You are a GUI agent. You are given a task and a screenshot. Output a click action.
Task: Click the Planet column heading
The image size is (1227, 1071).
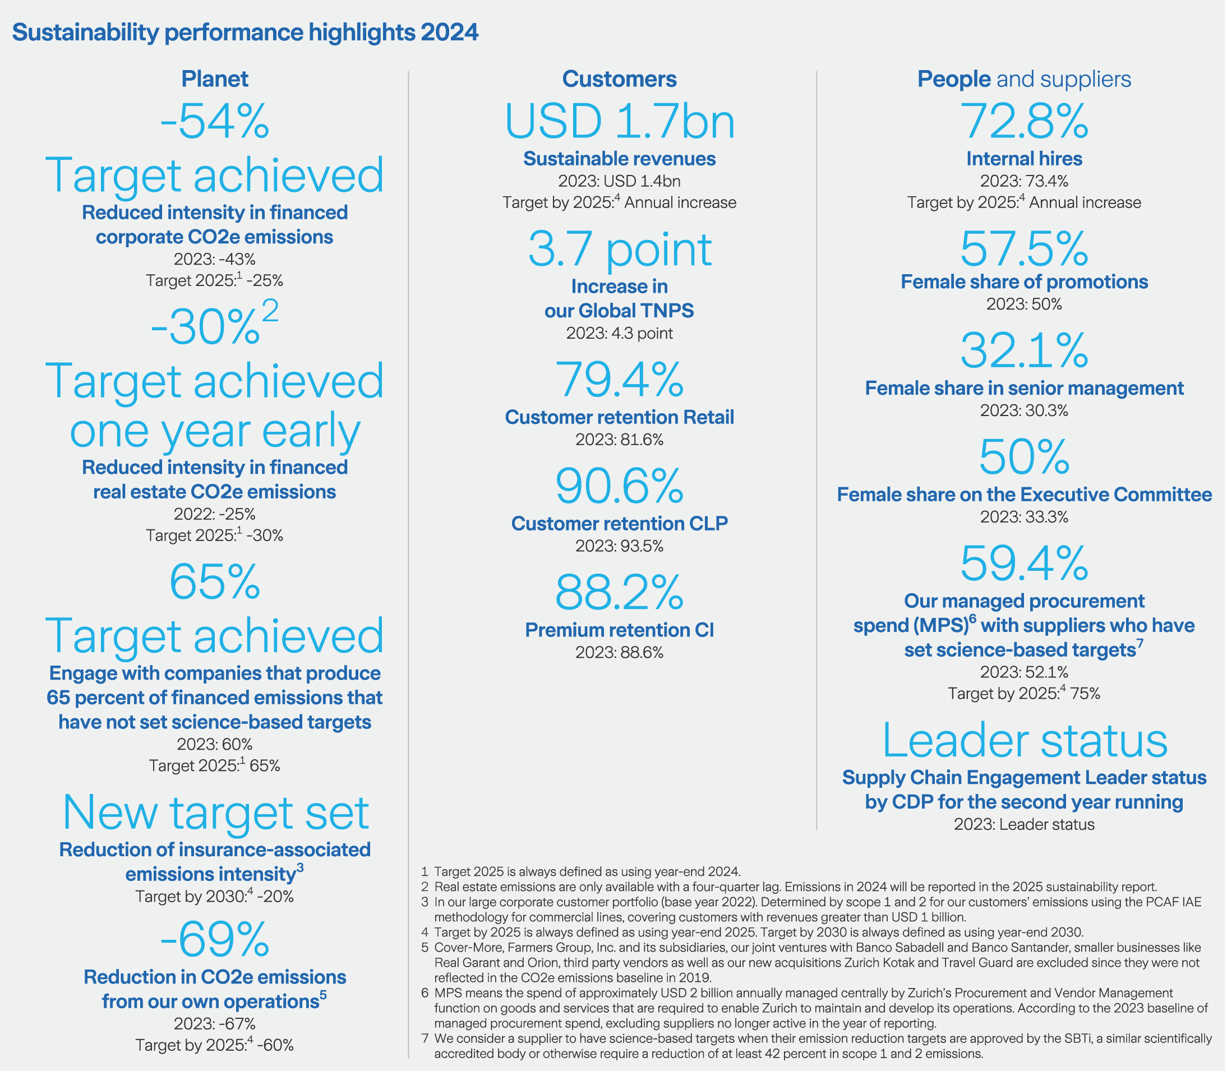click(x=215, y=79)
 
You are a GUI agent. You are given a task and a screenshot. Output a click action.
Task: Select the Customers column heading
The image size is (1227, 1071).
click(x=619, y=79)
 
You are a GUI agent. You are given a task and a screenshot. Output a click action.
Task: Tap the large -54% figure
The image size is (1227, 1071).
click(x=215, y=122)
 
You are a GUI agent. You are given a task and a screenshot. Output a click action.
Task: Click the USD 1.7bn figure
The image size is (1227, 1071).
click(x=619, y=122)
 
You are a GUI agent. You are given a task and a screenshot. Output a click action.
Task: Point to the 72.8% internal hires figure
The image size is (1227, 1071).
click(x=1024, y=122)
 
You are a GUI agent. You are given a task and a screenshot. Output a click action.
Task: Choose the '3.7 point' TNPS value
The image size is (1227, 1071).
click(x=619, y=250)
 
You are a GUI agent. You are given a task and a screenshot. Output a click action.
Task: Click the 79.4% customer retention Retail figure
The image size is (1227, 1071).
click(x=619, y=380)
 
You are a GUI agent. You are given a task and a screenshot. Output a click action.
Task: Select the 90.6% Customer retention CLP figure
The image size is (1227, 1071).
click(x=619, y=487)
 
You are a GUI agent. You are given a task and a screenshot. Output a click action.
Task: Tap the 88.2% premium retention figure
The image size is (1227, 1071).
click(x=619, y=593)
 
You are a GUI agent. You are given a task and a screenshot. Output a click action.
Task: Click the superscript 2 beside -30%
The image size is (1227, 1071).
click(x=270, y=311)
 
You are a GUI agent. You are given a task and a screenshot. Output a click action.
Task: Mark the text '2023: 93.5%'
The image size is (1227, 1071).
click(x=619, y=546)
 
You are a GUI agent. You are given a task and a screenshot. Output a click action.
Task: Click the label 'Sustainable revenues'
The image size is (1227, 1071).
click(x=619, y=159)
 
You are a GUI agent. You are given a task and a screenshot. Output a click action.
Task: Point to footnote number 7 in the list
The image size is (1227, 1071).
click(x=425, y=1038)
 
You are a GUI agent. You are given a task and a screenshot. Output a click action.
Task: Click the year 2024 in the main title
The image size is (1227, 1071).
click(x=449, y=33)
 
